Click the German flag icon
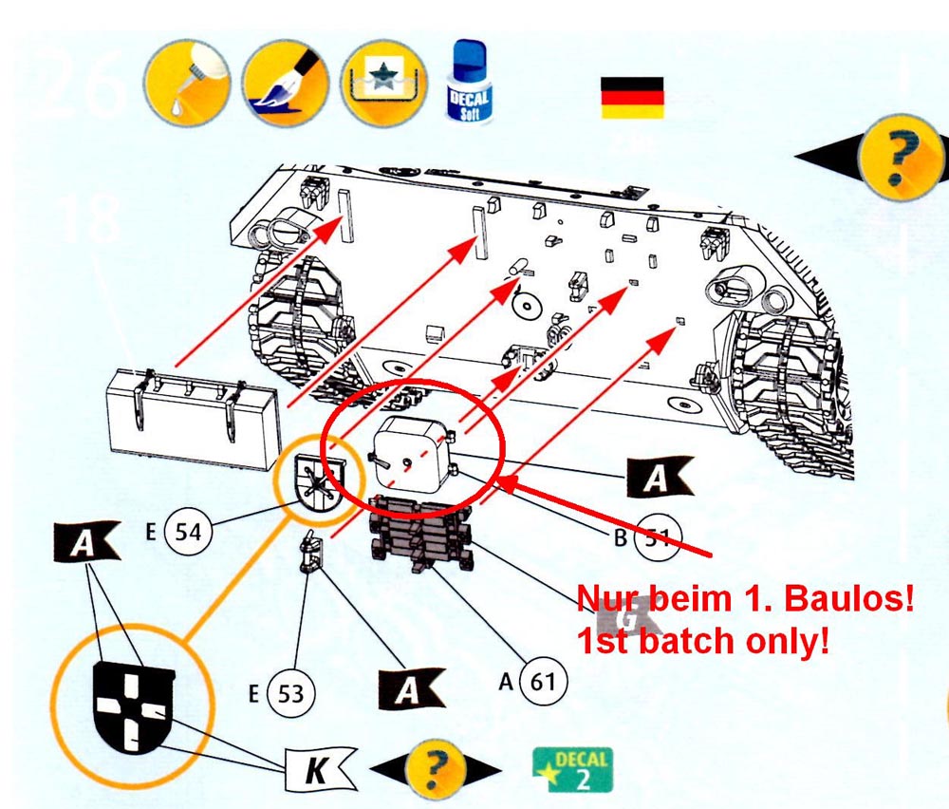pyautogui.click(x=632, y=97)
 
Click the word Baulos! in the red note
pyautogui.click(x=860, y=599)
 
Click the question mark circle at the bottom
pyautogui.click(x=436, y=766)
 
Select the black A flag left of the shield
pyautogui.click(x=85, y=543)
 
